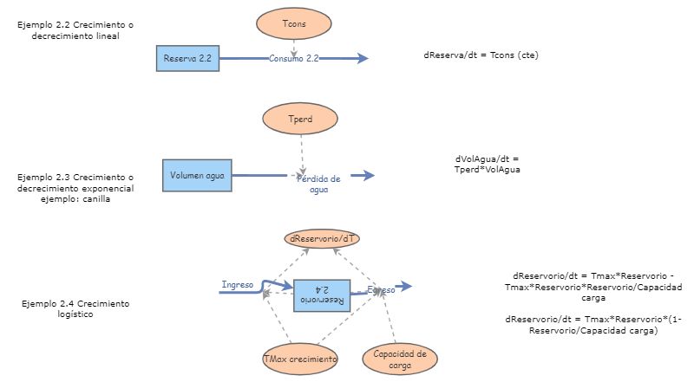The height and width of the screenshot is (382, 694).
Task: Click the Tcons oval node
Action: point(295,24)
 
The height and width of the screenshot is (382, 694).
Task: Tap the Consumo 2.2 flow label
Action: point(295,59)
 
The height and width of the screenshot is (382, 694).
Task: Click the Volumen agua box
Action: point(197,176)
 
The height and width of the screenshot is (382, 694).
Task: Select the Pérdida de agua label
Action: point(318,184)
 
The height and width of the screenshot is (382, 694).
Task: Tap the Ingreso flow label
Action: point(237,284)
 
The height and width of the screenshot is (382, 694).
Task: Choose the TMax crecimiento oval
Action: point(300,358)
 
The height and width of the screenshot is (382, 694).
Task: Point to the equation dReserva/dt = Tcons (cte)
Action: point(487,55)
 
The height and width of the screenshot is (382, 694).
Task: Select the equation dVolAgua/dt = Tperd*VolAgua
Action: point(486,165)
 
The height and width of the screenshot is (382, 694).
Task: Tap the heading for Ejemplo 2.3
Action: point(75,187)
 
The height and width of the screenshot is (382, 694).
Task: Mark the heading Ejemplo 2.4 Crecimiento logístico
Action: point(76,309)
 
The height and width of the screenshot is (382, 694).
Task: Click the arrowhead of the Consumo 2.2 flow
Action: point(362,59)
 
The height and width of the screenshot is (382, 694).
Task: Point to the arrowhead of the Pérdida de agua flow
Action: point(368,176)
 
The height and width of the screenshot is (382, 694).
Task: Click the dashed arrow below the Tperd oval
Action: point(300,152)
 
